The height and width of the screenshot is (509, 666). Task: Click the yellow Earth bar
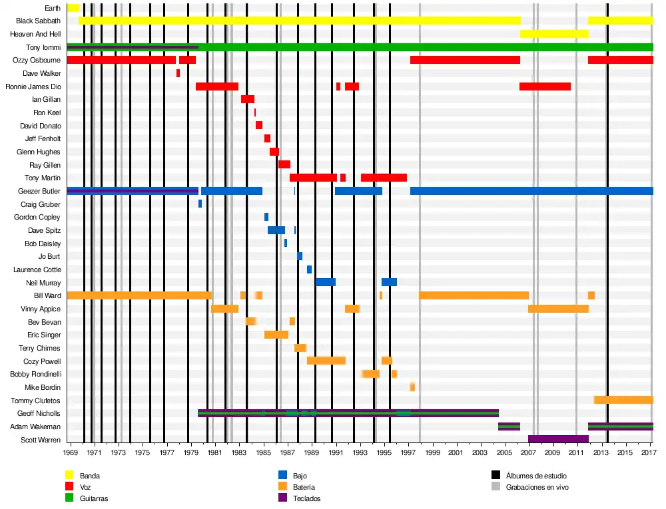click(73, 8)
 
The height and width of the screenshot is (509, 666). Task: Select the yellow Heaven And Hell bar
click(553, 34)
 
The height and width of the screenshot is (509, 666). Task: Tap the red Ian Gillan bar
click(248, 99)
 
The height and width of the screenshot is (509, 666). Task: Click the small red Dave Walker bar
click(178, 73)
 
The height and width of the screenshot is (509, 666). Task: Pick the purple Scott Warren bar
click(558, 439)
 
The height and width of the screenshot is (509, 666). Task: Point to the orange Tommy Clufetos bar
click(623, 400)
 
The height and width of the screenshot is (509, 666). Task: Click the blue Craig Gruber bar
click(200, 204)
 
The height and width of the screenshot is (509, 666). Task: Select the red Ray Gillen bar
click(284, 164)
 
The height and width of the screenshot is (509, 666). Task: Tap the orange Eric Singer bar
click(276, 335)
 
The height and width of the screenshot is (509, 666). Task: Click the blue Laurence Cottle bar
click(309, 269)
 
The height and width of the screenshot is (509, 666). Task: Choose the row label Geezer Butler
click(39, 191)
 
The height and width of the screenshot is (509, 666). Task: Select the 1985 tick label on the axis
click(264, 453)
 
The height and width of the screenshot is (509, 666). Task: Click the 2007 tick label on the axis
click(528, 453)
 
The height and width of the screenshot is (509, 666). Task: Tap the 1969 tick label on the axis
click(71, 453)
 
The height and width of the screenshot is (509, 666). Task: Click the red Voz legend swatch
click(69, 487)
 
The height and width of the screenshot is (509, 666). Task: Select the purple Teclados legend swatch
click(282, 498)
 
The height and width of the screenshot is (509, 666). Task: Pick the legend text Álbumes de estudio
click(536, 476)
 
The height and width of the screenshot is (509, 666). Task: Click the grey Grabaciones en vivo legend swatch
click(496, 487)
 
